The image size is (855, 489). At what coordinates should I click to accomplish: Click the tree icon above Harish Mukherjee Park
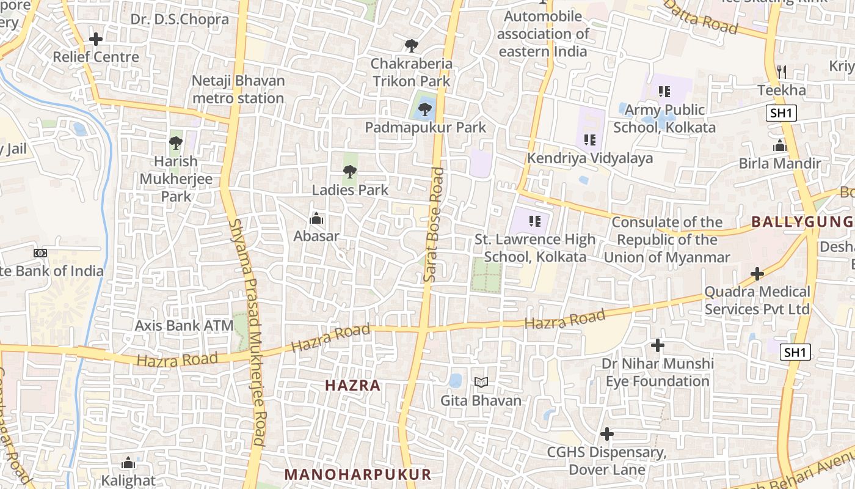coord(176,144)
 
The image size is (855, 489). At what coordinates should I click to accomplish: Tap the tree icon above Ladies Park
coord(350,172)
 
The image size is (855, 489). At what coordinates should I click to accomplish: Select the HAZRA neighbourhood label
coord(353,386)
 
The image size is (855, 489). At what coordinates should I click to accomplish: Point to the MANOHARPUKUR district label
coord(358,474)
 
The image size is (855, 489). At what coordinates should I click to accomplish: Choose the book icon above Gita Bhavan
coord(481,383)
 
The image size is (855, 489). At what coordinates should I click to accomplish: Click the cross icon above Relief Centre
coord(96,40)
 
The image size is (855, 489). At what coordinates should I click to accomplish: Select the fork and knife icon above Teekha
coord(782,72)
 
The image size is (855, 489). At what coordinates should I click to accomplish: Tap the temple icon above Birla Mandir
coord(779,146)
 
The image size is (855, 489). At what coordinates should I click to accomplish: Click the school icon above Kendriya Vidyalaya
coord(589,140)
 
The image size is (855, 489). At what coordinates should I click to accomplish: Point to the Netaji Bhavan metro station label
coord(238,89)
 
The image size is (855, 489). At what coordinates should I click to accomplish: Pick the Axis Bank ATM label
coord(184,325)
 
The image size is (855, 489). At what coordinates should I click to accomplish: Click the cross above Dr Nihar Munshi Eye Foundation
coord(658,345)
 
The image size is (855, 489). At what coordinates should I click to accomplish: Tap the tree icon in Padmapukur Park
coord(425,110)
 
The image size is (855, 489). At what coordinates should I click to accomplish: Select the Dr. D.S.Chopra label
coord(180,19)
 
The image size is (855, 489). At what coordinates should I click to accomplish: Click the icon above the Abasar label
coord(316,218)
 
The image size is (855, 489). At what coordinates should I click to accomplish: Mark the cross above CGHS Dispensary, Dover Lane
coord(606,434)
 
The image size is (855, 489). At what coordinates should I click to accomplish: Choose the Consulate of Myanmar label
coord(667,240)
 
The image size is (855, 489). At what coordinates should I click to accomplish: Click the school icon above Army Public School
coord(664,92)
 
